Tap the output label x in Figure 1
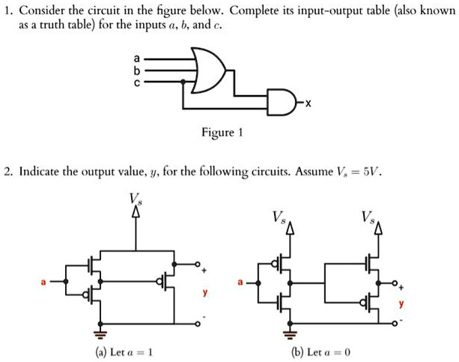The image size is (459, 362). point(308,100)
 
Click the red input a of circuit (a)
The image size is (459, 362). point(43,282)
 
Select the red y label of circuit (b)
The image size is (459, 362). point(401,305)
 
